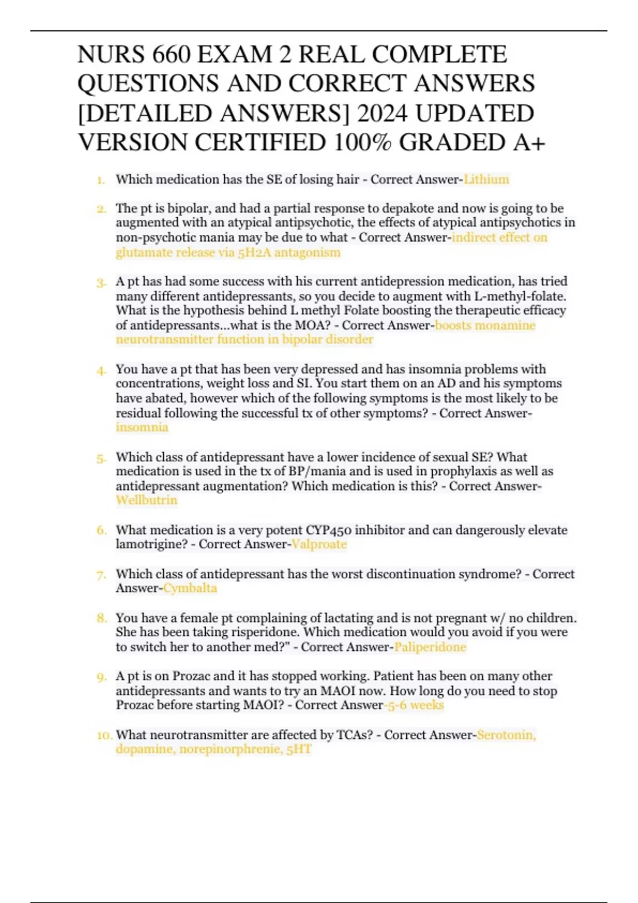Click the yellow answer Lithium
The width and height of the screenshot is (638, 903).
tap(486, 180)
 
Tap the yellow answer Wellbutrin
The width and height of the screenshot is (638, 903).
tap(146, 500)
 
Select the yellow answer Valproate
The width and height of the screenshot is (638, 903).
tap(319, 544)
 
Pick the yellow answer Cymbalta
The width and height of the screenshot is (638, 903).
tap(190, 589)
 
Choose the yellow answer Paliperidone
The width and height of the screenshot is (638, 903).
tap(430, 647)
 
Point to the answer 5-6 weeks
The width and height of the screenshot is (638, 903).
tap(415, 705)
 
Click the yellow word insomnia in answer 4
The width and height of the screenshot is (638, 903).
tap(142, 428)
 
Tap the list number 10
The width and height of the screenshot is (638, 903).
tap(104, 735)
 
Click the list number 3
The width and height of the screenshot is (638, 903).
tap(102, 282)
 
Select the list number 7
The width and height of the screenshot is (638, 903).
tap(102, 575)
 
